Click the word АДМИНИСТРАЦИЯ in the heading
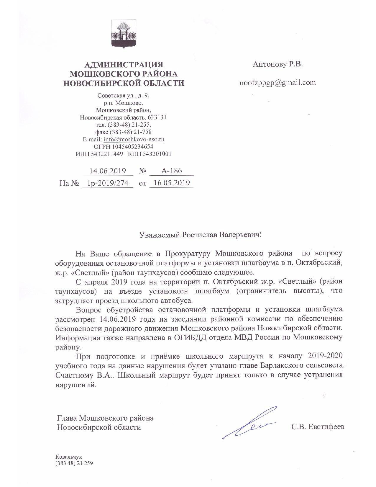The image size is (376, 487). pyautogui.click(x=124, y=65)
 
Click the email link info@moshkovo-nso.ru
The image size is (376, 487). pyautogui.click(x=134, y=139)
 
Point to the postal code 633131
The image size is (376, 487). pyautogui.click(x=158, y=117)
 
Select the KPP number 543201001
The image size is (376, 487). pyautogui.click(x=157, y=154)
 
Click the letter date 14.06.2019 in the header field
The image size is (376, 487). pyautogui.click(x=108, y=171)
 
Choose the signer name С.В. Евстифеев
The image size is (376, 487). pyautogui.click(x=318, y=427)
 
